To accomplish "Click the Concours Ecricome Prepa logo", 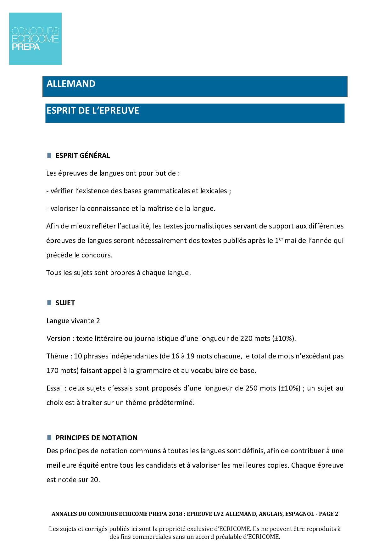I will (35, 39).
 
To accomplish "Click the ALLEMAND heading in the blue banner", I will (71, 84).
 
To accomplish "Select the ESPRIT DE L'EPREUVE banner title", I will (93, 110).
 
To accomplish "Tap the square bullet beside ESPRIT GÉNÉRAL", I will (49, 155).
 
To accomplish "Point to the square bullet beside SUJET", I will (49, 303).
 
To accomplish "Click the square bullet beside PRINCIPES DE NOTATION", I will (49, 438).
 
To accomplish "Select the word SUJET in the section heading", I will (65, 303).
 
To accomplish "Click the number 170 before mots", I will (52, 371).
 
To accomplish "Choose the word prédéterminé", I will (175, 403).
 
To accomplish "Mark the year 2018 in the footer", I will (175, 514).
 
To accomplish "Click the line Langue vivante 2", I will (73, 321).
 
